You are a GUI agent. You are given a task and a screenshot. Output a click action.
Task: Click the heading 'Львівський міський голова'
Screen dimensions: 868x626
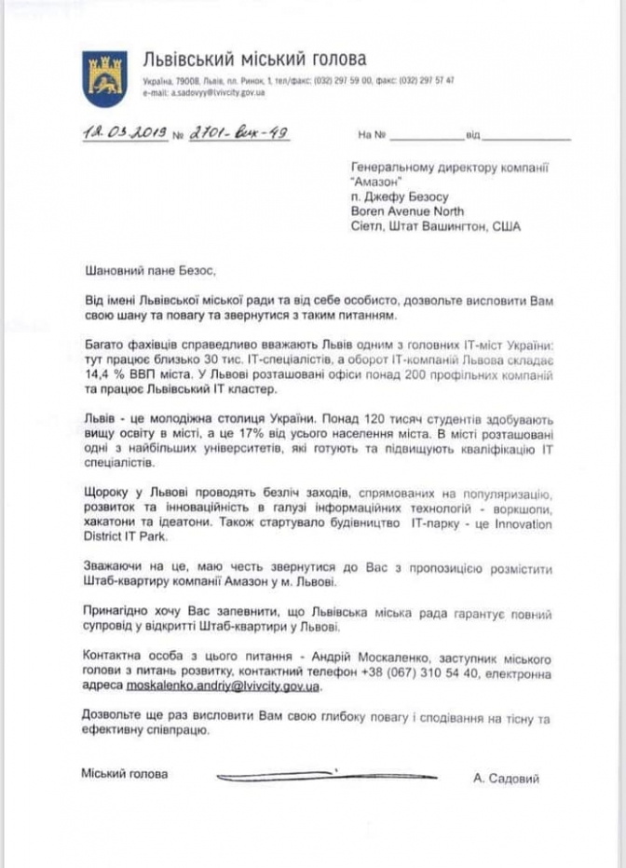coord(254,60)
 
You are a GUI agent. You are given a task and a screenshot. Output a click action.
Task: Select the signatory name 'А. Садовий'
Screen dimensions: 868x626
coord(506,779)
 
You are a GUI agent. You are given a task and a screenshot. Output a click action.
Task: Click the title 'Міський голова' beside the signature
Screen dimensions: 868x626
coord(125,775)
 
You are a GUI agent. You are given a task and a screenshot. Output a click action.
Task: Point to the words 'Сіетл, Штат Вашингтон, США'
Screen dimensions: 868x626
coord(436,226)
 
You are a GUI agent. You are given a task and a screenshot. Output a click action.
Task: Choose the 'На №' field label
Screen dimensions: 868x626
coord(372,136)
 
